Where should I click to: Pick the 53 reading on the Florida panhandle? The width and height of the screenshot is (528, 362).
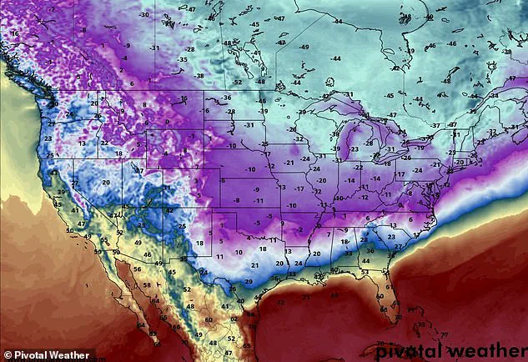pyautogui.click(x=364, y=272)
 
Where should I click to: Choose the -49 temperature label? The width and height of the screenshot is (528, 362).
pyautogui.click(x=305, y=47)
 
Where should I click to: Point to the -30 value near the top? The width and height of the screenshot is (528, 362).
pyautogui.click(x=143, y=15)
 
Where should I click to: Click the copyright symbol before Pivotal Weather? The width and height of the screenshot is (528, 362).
pyautogui.click(x=7, y=354)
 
